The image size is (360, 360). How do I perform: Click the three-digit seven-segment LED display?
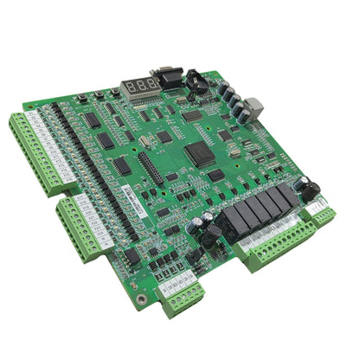tap(138, 86)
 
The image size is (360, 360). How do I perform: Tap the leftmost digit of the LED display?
tap(126, 87)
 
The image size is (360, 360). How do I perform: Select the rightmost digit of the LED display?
tap(150, 84)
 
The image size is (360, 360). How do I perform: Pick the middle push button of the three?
tap(99, 94)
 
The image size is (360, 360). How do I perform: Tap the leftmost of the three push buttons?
tap(81, 98)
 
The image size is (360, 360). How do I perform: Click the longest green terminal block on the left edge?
tap(35, 151)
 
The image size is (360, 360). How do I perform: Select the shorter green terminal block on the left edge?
tap(79, 227)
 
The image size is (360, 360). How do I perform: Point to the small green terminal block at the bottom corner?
tap(183, 297)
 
